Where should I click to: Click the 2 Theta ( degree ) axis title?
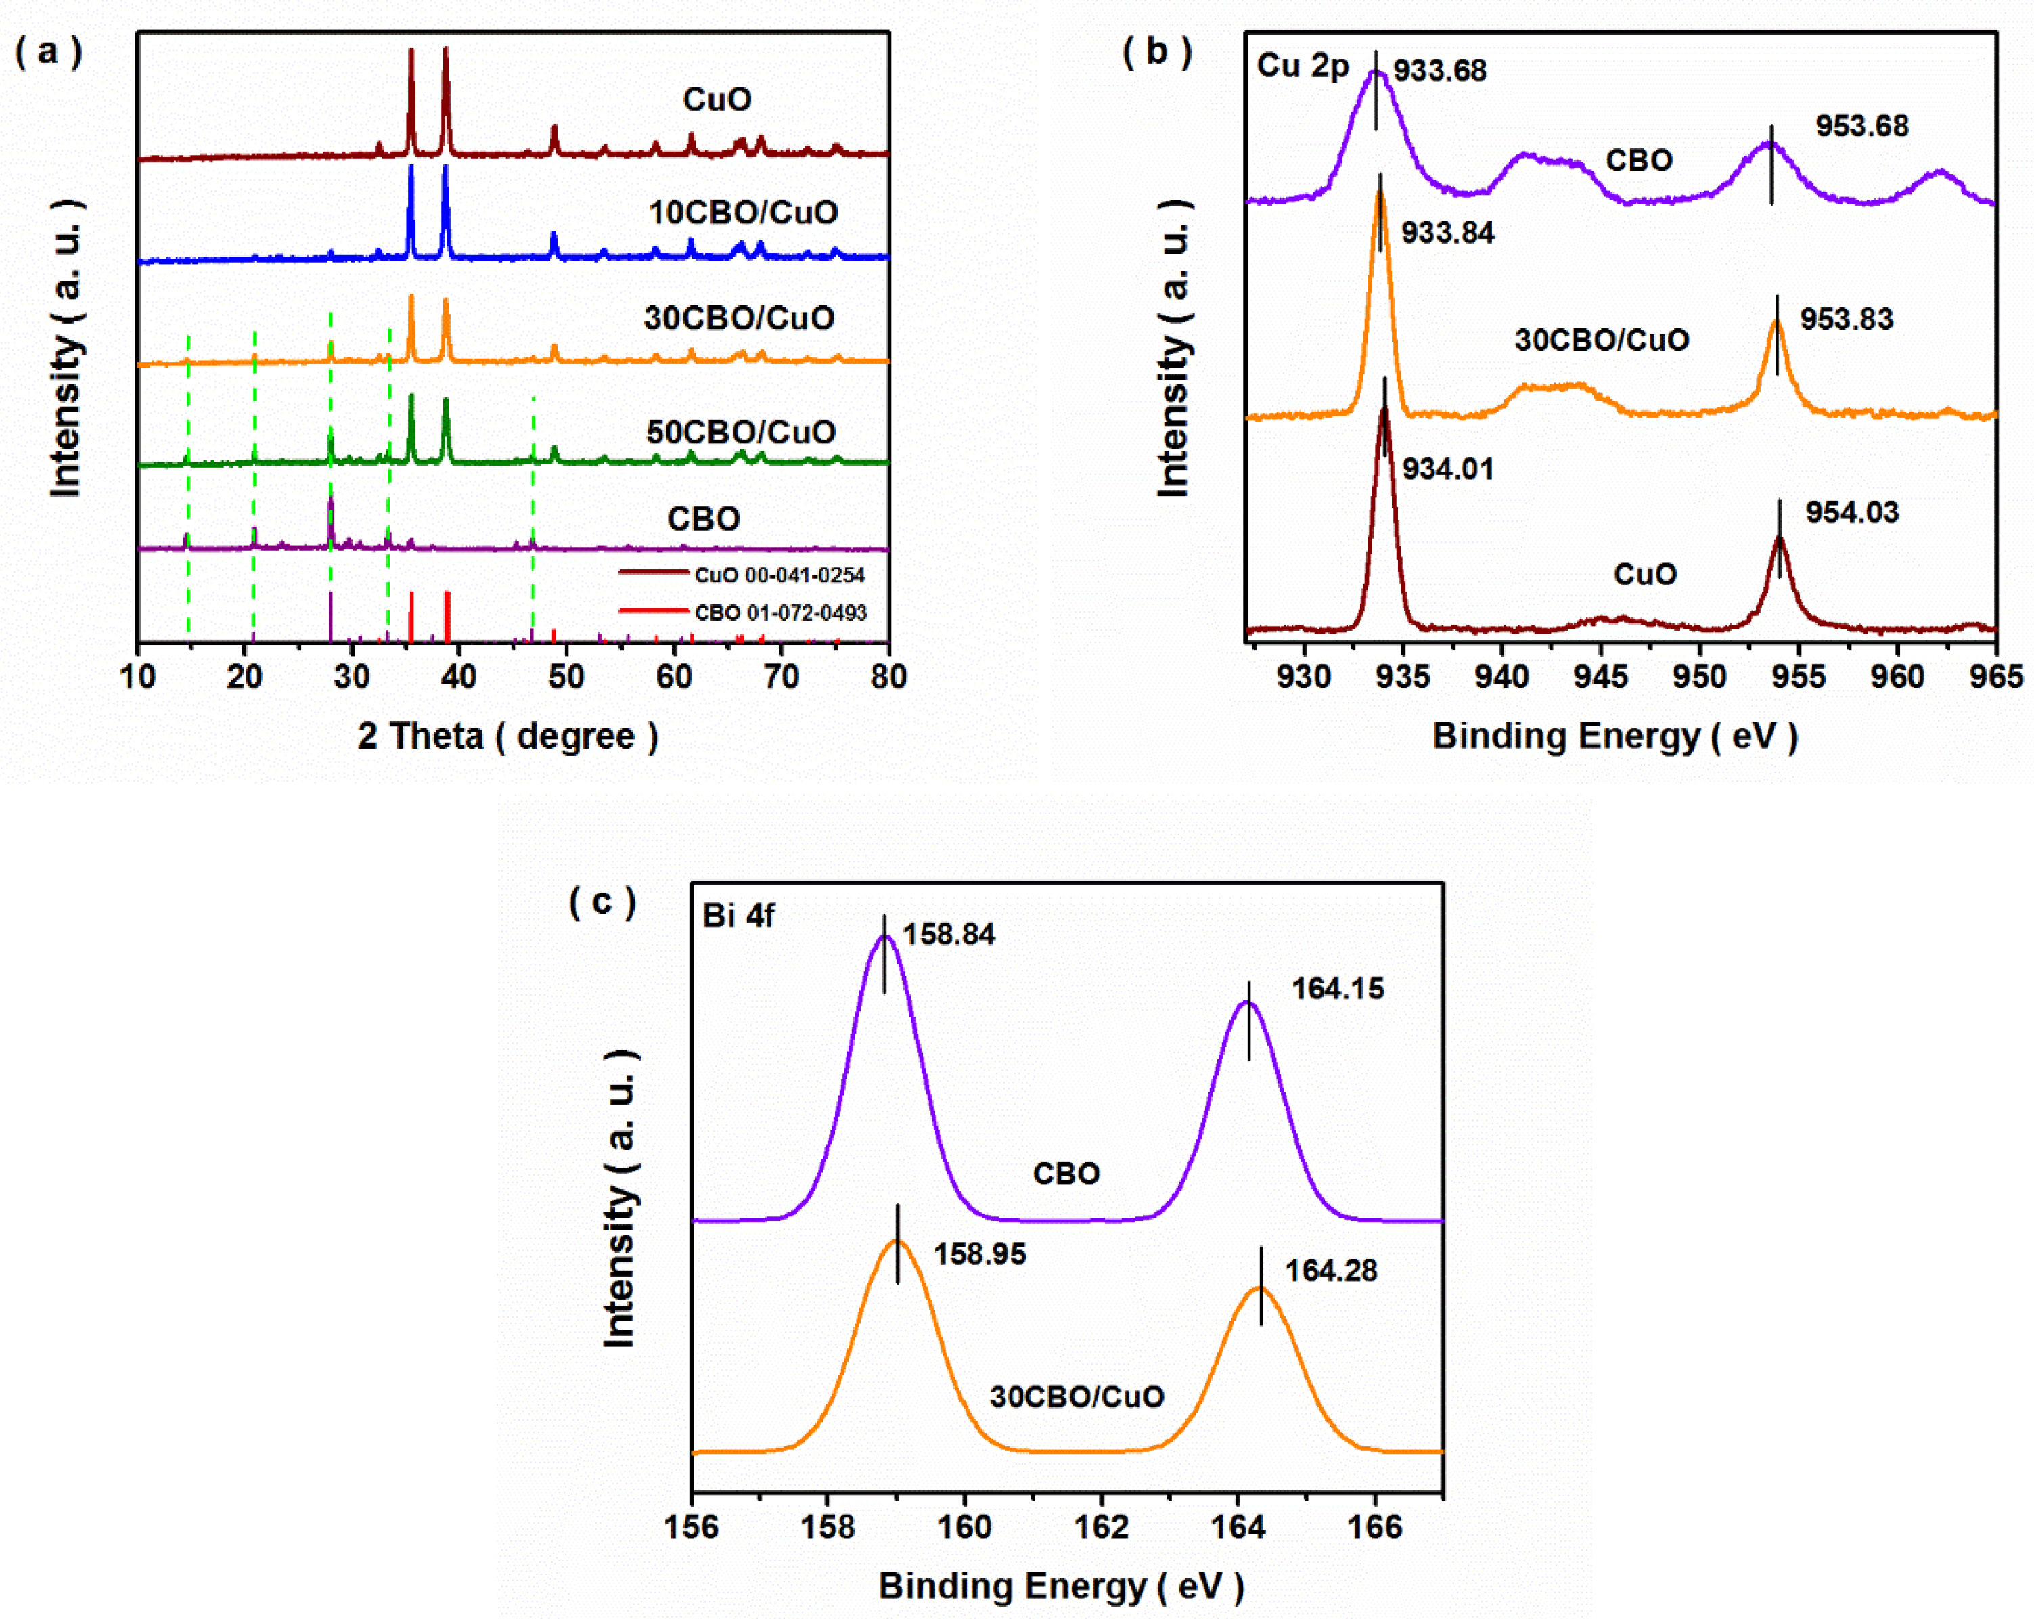[507, 735]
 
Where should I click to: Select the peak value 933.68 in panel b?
[1440, 71]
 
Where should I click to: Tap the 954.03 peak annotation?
[1852, 512]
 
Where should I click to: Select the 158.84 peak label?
[948, 934]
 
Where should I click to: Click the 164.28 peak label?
[1330, 1271]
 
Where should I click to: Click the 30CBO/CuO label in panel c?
[1077, 1396]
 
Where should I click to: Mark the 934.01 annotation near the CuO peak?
[1447, 469]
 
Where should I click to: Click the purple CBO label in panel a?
[703, 519]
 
